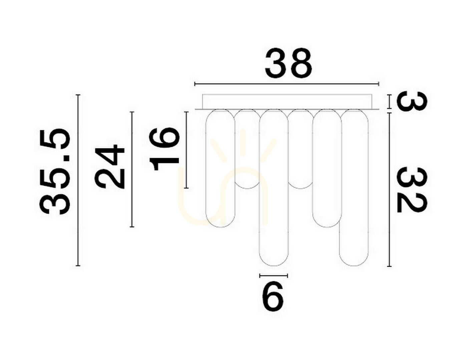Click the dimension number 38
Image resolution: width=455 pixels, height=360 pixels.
(288, 62)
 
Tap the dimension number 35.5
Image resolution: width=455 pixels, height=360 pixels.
(55, 171)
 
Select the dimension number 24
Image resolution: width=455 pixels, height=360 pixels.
(109, 166)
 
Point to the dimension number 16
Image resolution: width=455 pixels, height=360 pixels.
(164, 149)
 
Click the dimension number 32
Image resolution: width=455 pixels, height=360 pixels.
(412, 190)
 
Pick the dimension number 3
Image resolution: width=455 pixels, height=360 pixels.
(412, 101)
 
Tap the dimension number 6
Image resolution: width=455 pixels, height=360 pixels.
(273, 297)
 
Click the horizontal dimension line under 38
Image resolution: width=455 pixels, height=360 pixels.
(287, 84)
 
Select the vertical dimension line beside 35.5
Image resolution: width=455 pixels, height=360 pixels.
(78, 180)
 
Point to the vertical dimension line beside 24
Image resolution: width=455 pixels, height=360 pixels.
(132, 169)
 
